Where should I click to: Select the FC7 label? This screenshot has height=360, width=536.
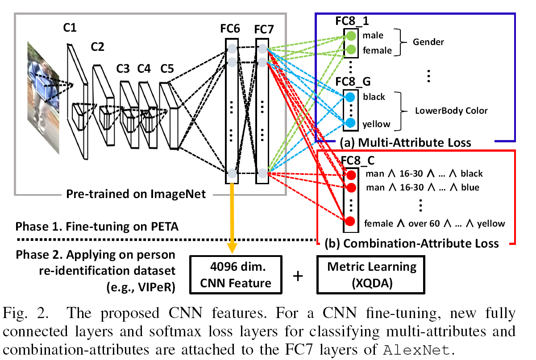pyautogui.click(x=264, y=29)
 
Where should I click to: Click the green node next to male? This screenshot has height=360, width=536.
pyautogui.click(x=351, y=35)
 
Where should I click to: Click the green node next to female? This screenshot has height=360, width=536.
pyautogui.click(x=351, y=50)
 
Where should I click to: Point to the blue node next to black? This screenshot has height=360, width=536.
pyautogui.click(x=351, y=97)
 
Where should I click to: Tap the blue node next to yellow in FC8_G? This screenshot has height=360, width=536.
pyautogui.click(x=351, y=123)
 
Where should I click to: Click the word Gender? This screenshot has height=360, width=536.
pyautogui.click(x=428, y=42)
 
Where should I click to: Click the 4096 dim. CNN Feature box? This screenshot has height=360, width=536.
pyautogui.click(x=235, y=275)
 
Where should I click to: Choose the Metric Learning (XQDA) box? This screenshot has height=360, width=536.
pyautogui.click(x=371, y=274)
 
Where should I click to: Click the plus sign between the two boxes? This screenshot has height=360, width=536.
pyautogui.click(x=297, y=276)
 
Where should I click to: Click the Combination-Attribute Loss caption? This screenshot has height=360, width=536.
pyautogui.click(x=415, y=244)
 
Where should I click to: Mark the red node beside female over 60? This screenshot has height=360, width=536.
pyautogui.click(x=350, y=221)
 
